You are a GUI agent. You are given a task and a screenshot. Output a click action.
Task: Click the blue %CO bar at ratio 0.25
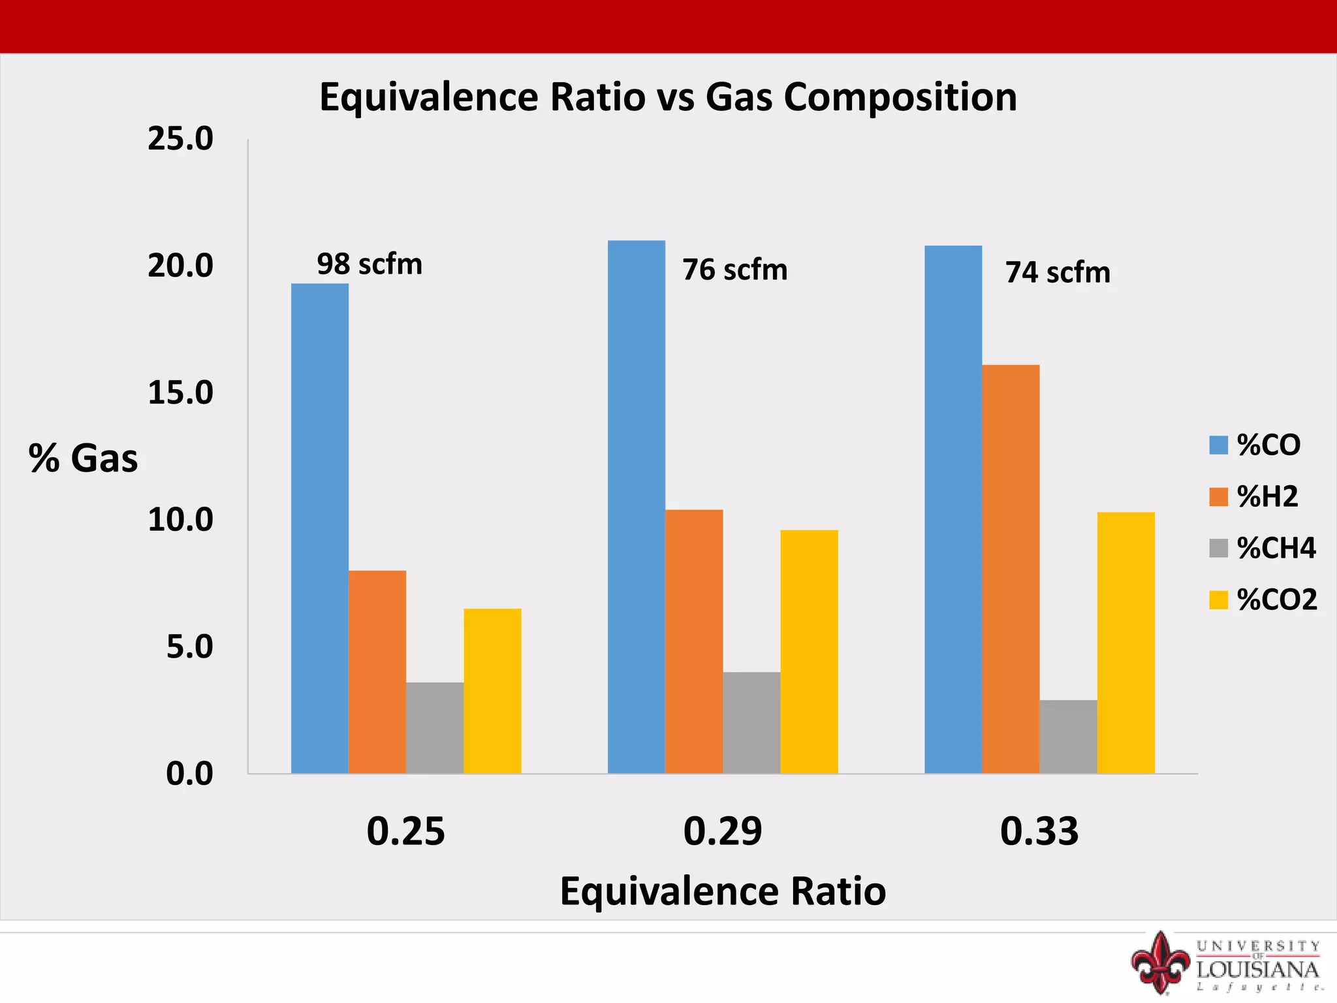pos(320,529)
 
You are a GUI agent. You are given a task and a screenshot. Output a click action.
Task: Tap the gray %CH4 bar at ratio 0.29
pos(751,723)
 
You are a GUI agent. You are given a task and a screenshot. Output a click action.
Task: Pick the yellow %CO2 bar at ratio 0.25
pos(492,691)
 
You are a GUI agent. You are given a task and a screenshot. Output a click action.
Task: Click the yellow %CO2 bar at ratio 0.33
pos(1125,643)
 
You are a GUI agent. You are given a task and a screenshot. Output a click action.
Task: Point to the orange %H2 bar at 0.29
pos(694,642)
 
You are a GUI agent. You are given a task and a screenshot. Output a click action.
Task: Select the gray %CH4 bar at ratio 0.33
pos(1068,737)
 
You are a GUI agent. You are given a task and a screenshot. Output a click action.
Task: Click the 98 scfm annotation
pos(370,264)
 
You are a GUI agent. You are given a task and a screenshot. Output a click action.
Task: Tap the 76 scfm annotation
pos(735,270)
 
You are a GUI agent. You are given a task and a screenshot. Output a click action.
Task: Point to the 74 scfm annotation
pos(1058,273)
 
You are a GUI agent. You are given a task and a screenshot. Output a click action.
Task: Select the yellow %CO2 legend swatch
pos(1218,600)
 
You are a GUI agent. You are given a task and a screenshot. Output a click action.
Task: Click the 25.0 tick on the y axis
pos(180,139)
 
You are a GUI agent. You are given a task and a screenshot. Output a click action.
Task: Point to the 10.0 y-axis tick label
pos(180,520)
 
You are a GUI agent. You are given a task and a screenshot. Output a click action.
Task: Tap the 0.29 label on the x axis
pos(723,832)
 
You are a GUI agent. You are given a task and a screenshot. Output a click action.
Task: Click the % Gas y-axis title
pos(84,458)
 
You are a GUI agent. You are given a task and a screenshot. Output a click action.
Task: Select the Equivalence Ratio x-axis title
pos(723,892)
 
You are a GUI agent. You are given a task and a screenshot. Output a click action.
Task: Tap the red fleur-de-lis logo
pos(1160,963)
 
